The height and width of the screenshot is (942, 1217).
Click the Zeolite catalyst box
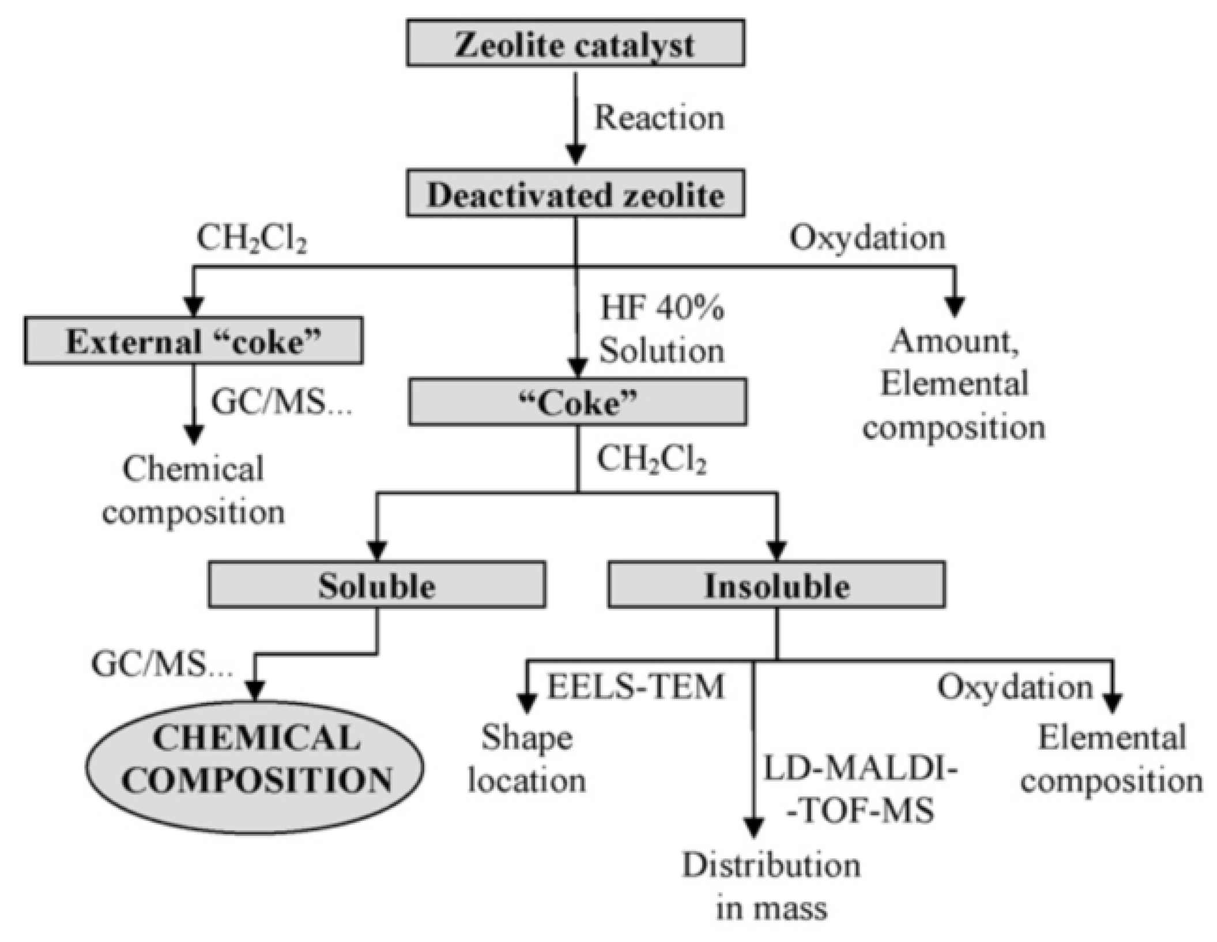tap(575, 44)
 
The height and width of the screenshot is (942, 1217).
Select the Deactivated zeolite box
tap(575, 194)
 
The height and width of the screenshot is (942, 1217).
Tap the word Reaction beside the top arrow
tap(658, 118)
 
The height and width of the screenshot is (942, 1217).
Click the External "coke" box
tap(193, 341)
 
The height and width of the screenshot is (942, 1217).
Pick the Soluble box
tap(376, 586)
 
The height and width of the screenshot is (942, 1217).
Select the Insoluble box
tap(776, 586)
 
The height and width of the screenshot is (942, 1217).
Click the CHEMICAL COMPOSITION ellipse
tap(255, 760)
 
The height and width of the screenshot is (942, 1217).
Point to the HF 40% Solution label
tap(661, 330)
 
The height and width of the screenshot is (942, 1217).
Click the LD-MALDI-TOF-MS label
tap(860, 790)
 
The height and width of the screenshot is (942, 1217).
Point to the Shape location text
tap(526, 760)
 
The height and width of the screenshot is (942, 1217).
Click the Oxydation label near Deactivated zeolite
tap(867, 238)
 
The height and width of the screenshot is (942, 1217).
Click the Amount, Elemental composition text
tap(954, 385)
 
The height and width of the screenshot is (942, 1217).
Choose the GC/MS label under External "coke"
tap(281, 402)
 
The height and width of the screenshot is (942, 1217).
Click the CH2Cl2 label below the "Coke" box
tap(651, 460)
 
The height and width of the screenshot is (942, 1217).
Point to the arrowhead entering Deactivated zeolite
tap(575, 155)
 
